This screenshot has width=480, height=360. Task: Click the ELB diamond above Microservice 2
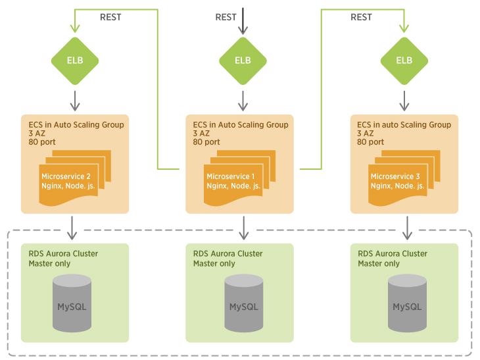(x=75, y=61)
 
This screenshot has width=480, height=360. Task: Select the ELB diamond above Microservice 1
(x=243, y=61)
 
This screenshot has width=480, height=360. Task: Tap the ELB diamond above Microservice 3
(x=404, y=61)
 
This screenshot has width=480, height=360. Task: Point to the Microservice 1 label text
(x=229, y=176)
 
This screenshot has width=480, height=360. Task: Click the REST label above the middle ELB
(x=226, y=17)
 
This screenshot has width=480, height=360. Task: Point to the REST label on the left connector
(x=110, y=17)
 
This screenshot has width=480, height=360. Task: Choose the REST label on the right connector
(x=361, y=17)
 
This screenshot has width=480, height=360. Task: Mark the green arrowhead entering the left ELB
(x=75, y=28)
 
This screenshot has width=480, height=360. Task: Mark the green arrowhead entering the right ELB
(x=404, y=28)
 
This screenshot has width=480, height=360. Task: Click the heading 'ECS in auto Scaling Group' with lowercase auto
(x=404, y=124)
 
